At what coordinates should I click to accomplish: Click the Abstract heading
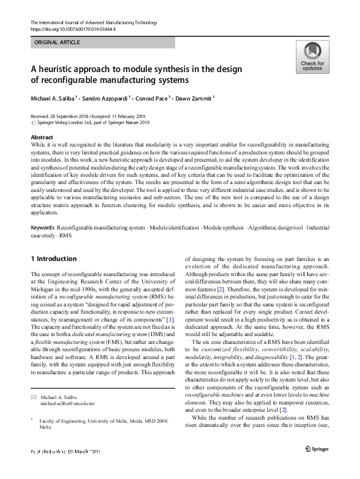[42, 137]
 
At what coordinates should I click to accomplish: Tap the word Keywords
[43, 227]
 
